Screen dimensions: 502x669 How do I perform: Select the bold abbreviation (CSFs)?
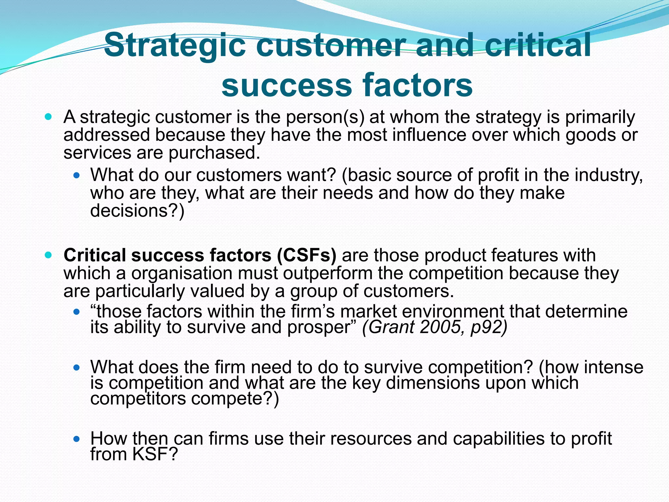[x=306, y=255]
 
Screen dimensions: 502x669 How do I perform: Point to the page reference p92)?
[x=489, y=327]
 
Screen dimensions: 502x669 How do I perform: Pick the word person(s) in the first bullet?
[x=325, y=117]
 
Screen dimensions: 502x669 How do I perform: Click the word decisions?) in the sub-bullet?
[x=137, y=210]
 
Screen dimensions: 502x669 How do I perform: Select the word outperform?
[x=328, y=273]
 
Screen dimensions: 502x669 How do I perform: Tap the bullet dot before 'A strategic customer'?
[x=48, y=117]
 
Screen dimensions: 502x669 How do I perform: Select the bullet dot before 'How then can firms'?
[x=77, y=439]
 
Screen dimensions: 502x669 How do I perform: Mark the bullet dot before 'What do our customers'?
[x=77, y=176]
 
